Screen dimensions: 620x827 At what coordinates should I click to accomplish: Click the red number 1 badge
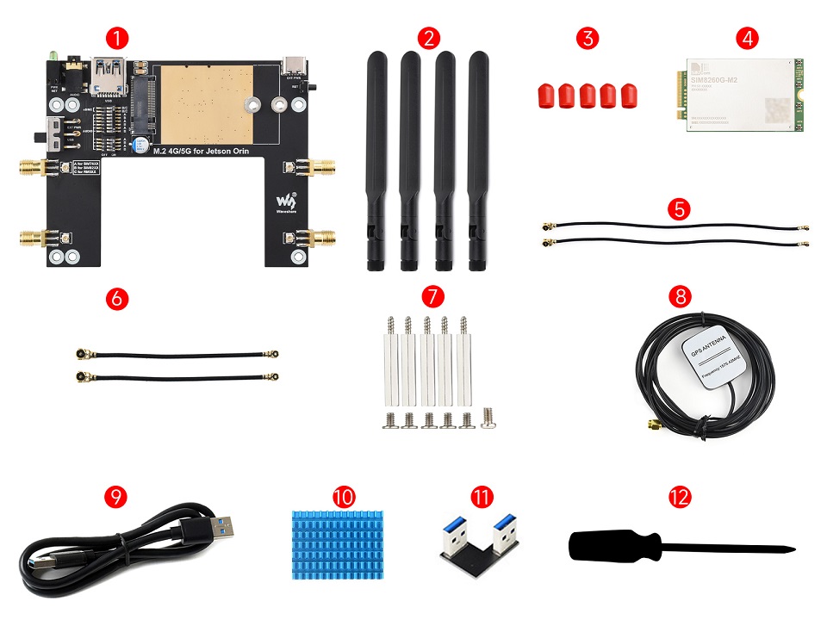pyautogui.click(x=119, y=38)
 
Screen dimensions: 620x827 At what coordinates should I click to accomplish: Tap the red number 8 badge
pyautogui.click(x=680, y=297)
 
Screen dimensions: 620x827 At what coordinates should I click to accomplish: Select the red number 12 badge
pyautogui.click(x=680, y=497)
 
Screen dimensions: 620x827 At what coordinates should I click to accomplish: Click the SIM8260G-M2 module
pyautogui.click(x=743, y=95)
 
